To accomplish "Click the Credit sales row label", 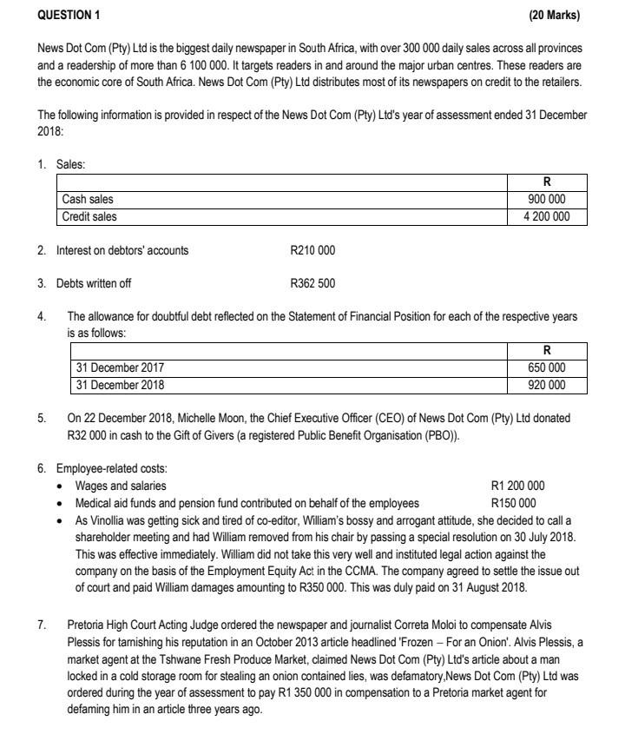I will coord(89,216).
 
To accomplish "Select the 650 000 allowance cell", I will coord(547,368).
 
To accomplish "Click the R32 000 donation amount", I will coord(89,434).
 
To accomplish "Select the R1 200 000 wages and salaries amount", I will coord(518,486).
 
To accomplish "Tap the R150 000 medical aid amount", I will coord(514,503).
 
